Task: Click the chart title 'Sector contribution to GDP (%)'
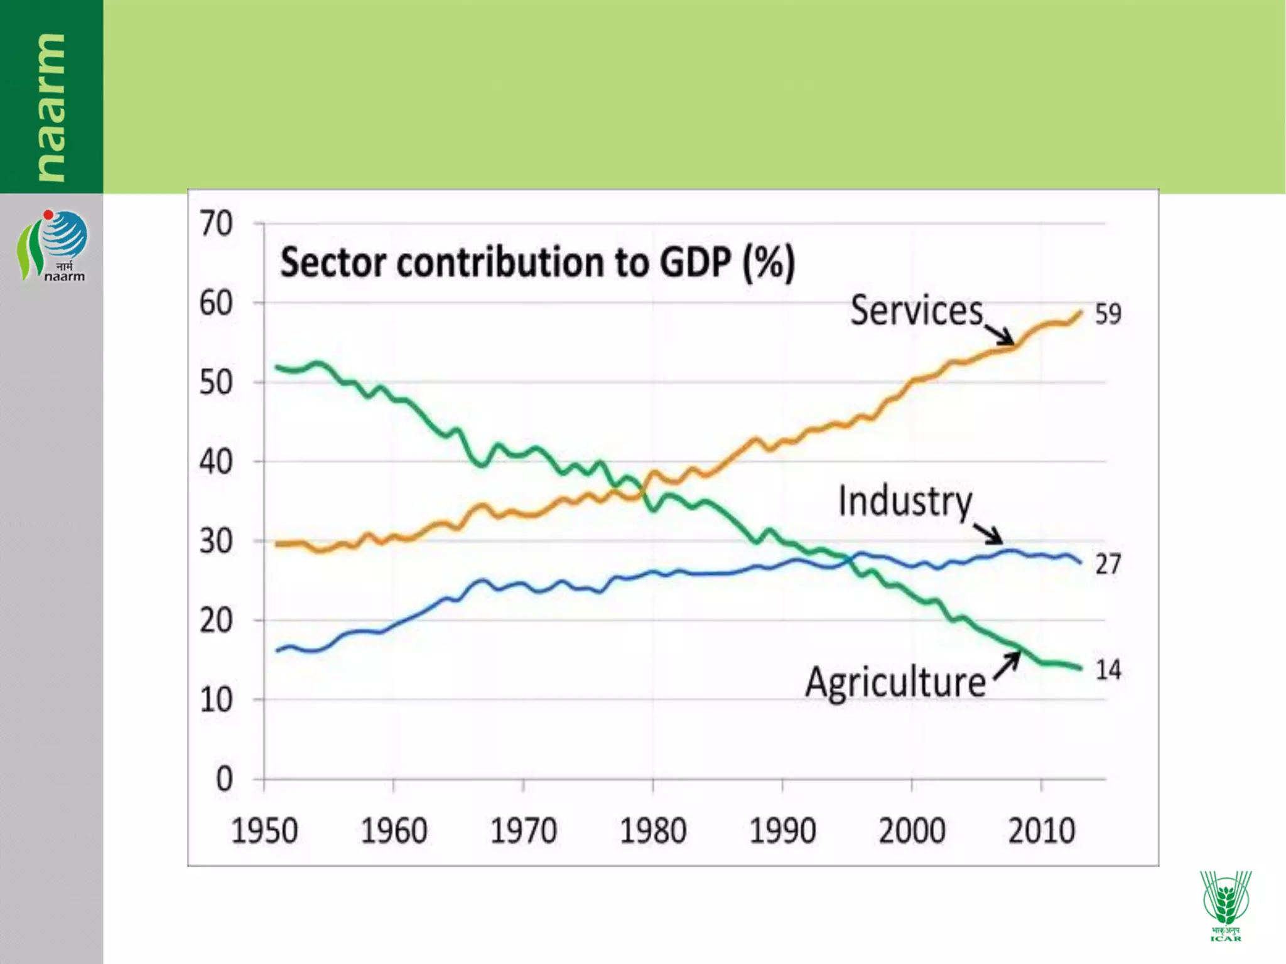pos(538,262)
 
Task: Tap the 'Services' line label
pos(916,311)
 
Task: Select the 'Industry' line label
pos(905,501)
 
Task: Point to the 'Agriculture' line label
pos(895,682)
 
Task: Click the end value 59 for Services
pos(1108,314)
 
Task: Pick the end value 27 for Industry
pos(1108,564)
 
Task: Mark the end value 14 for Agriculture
pos(1108,670)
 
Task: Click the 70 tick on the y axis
pos(216,224)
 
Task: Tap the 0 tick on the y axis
pos(224,779)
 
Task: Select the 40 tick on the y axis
pos(216,463)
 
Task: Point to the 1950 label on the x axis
pos(264,831)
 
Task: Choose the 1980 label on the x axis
pos(653,831)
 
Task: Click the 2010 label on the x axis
pos(1041,831)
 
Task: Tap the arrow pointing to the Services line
pos(1000,335)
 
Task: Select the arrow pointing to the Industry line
pos(989,534)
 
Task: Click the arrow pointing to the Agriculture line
pos(1007,665)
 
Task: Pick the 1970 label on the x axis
pos(523,831)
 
